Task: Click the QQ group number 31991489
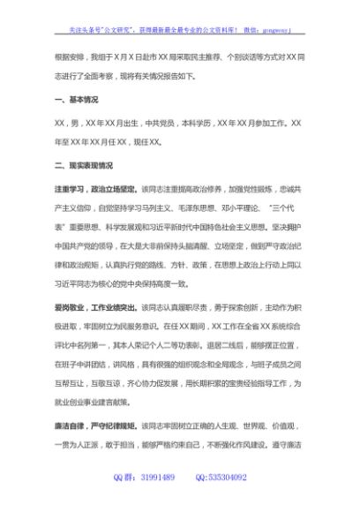[155, 478]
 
